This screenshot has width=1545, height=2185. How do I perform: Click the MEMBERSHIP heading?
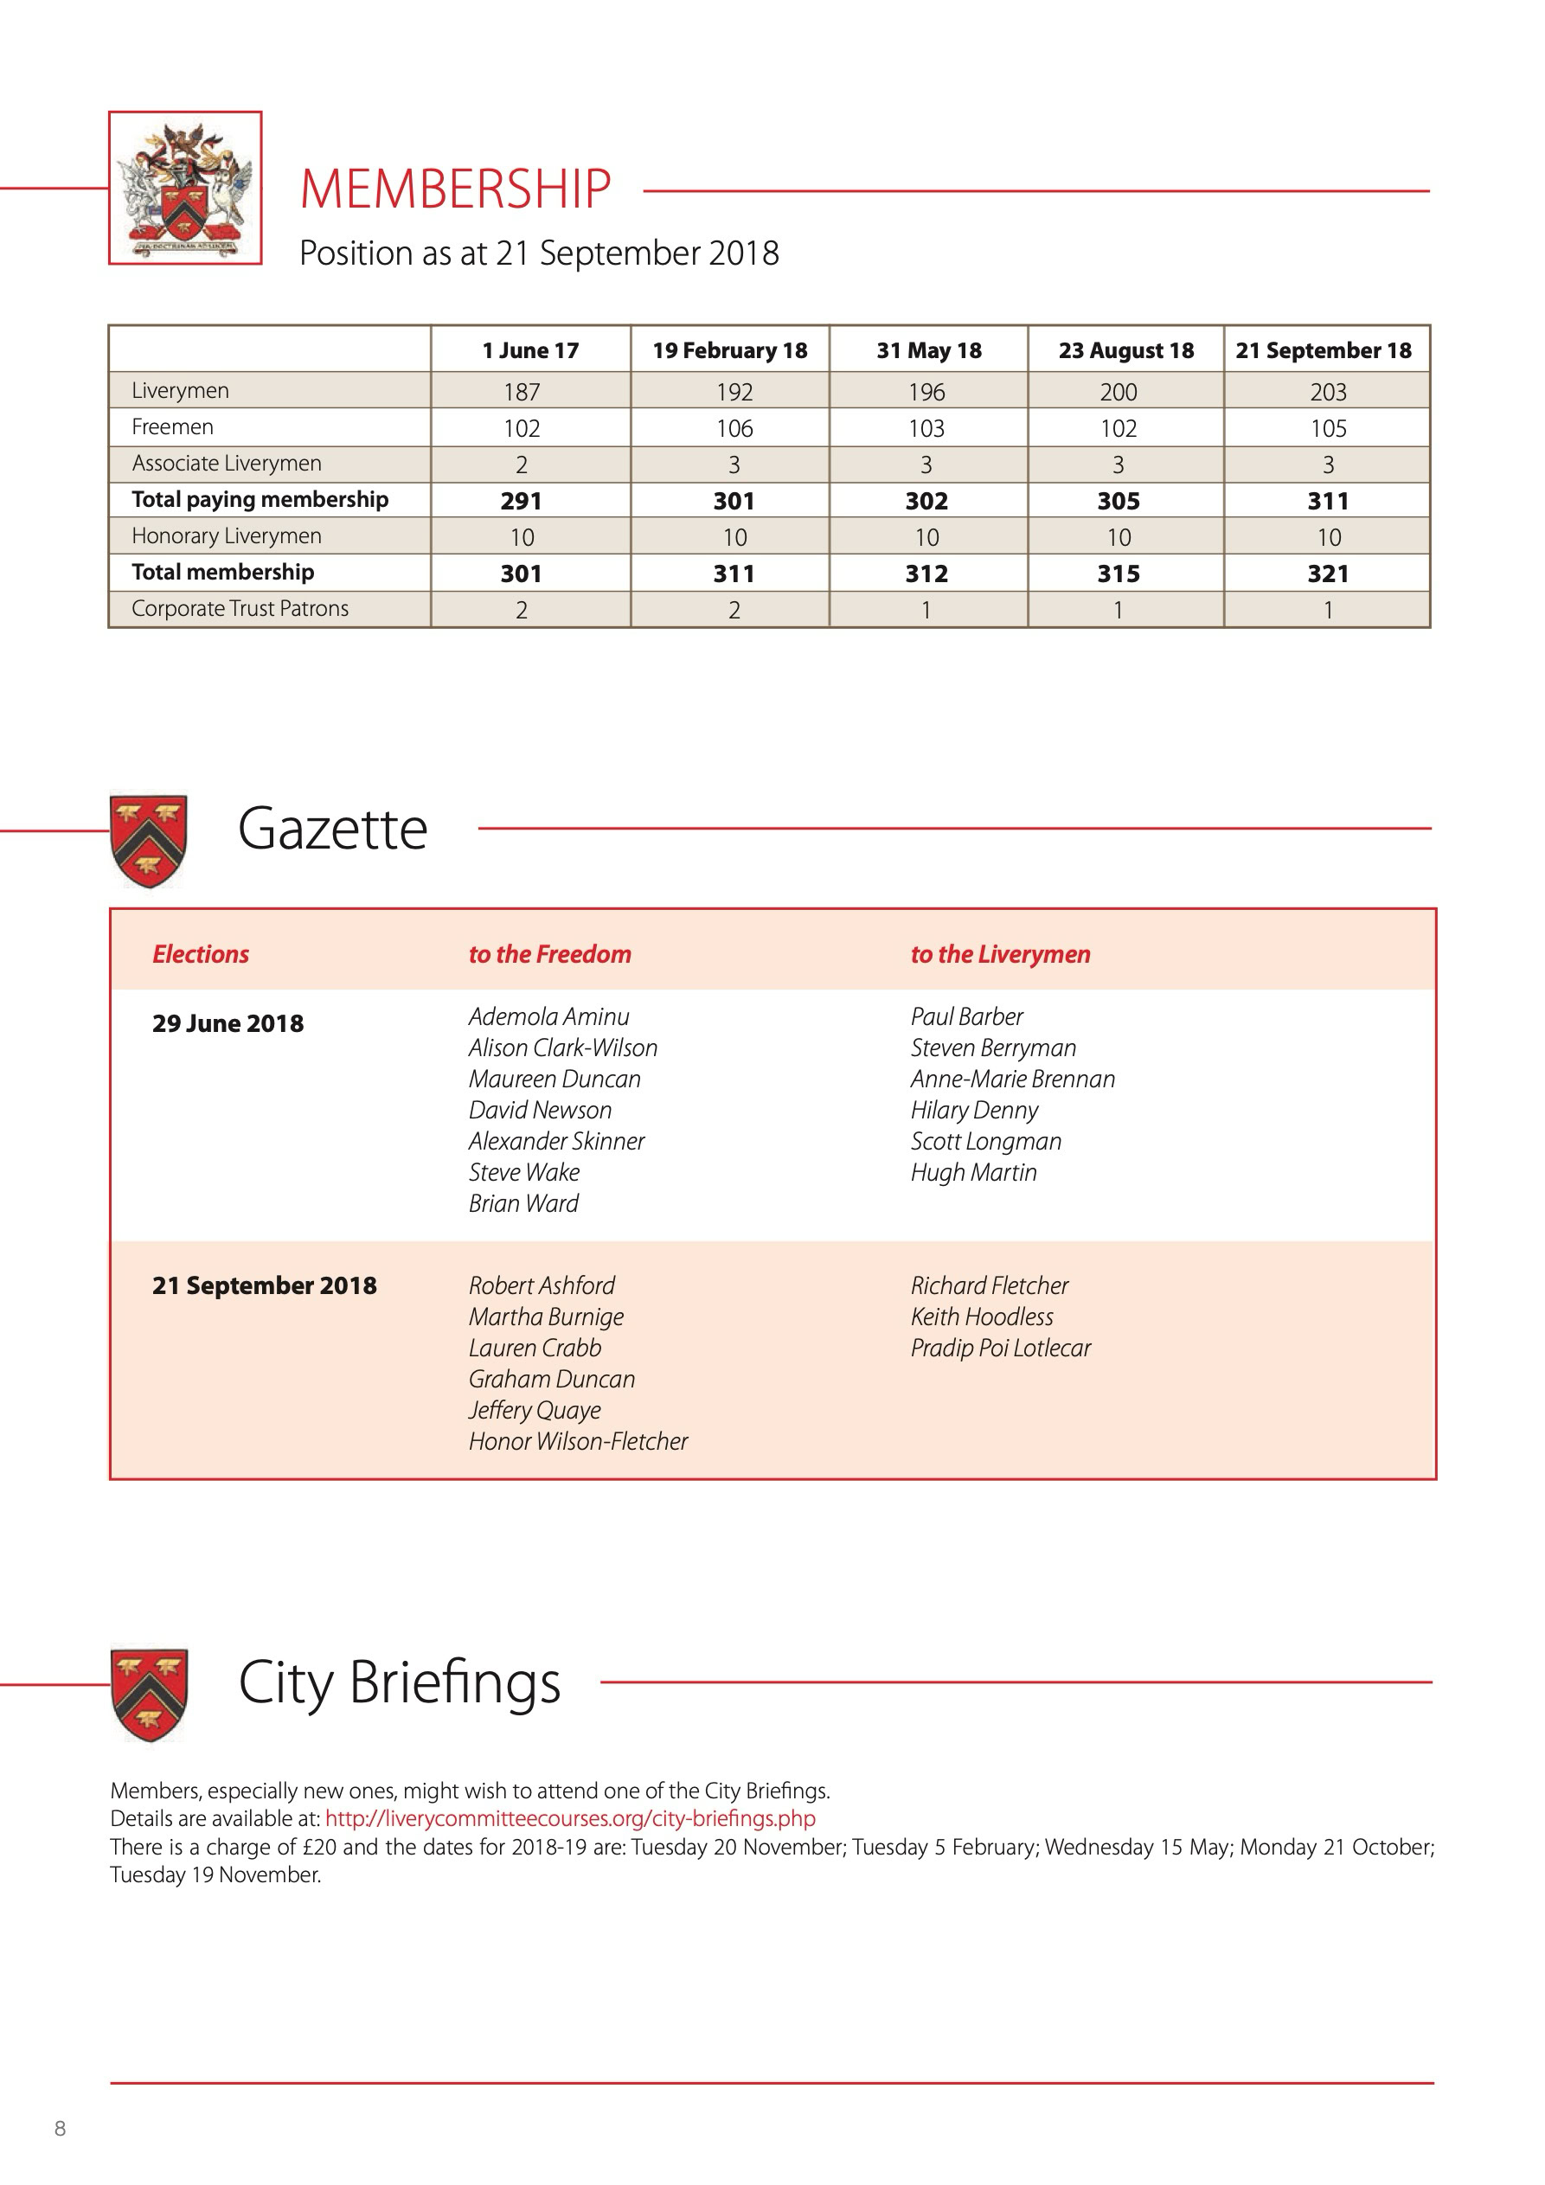(455, 189)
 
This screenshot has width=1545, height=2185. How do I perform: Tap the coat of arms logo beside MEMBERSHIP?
(186, 189)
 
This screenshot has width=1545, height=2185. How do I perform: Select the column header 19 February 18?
(729, 350)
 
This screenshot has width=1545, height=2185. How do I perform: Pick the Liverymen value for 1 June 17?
(522, 391)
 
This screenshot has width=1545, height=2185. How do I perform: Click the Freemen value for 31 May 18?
(926, 428)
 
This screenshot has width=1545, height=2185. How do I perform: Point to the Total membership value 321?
(1327, 573)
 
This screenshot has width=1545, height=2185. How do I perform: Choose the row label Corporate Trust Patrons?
(240, 609)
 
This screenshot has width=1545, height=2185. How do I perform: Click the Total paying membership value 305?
(1118, 502)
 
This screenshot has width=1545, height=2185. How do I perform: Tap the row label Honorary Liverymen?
(227, 536)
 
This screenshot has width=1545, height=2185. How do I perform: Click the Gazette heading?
(332, 829)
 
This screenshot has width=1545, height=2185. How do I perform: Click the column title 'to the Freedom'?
(549, 954)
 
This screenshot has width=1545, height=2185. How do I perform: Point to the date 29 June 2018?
(228, 1024)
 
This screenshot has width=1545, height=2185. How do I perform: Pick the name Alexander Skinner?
(556, 1141)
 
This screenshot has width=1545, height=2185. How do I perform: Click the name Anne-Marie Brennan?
(1012, 1080)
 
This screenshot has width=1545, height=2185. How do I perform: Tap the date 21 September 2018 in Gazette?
(265, 1285)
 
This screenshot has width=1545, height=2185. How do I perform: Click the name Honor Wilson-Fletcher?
(578, 1442)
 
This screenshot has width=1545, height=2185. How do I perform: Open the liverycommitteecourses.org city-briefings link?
(570, 1818)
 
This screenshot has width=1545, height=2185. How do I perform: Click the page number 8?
(60, 2129)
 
